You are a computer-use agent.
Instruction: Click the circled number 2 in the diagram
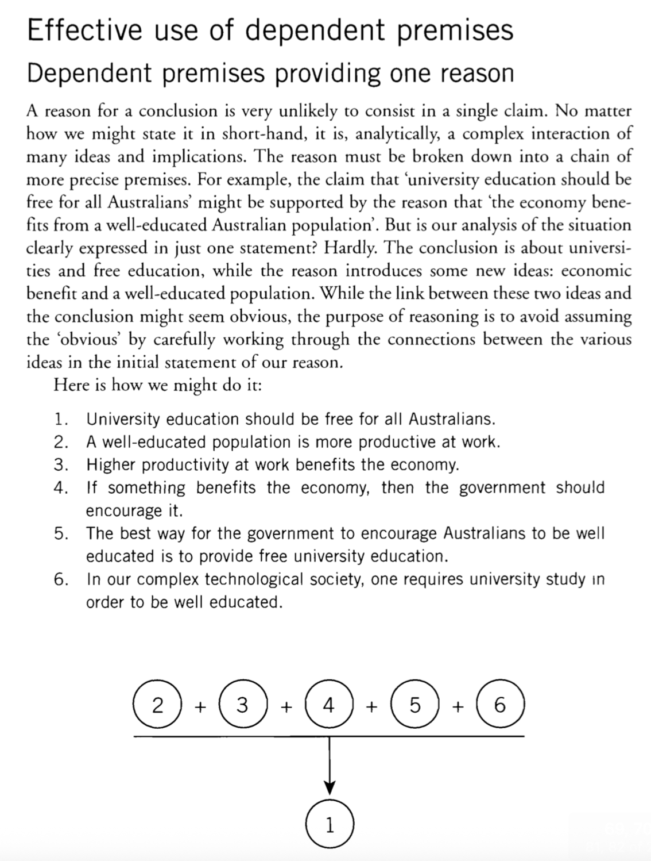pos(157,705)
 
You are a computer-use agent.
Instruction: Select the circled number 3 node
pos(243,705)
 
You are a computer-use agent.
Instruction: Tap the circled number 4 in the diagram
pos(328,705)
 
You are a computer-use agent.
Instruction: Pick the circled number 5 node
pos(414,705)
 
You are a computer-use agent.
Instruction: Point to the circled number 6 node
pos(500,705)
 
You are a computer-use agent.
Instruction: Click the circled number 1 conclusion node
pos(329,825)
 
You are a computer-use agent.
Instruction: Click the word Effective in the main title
pos(84,30)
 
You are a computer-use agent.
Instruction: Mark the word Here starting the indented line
pos(71,385)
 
